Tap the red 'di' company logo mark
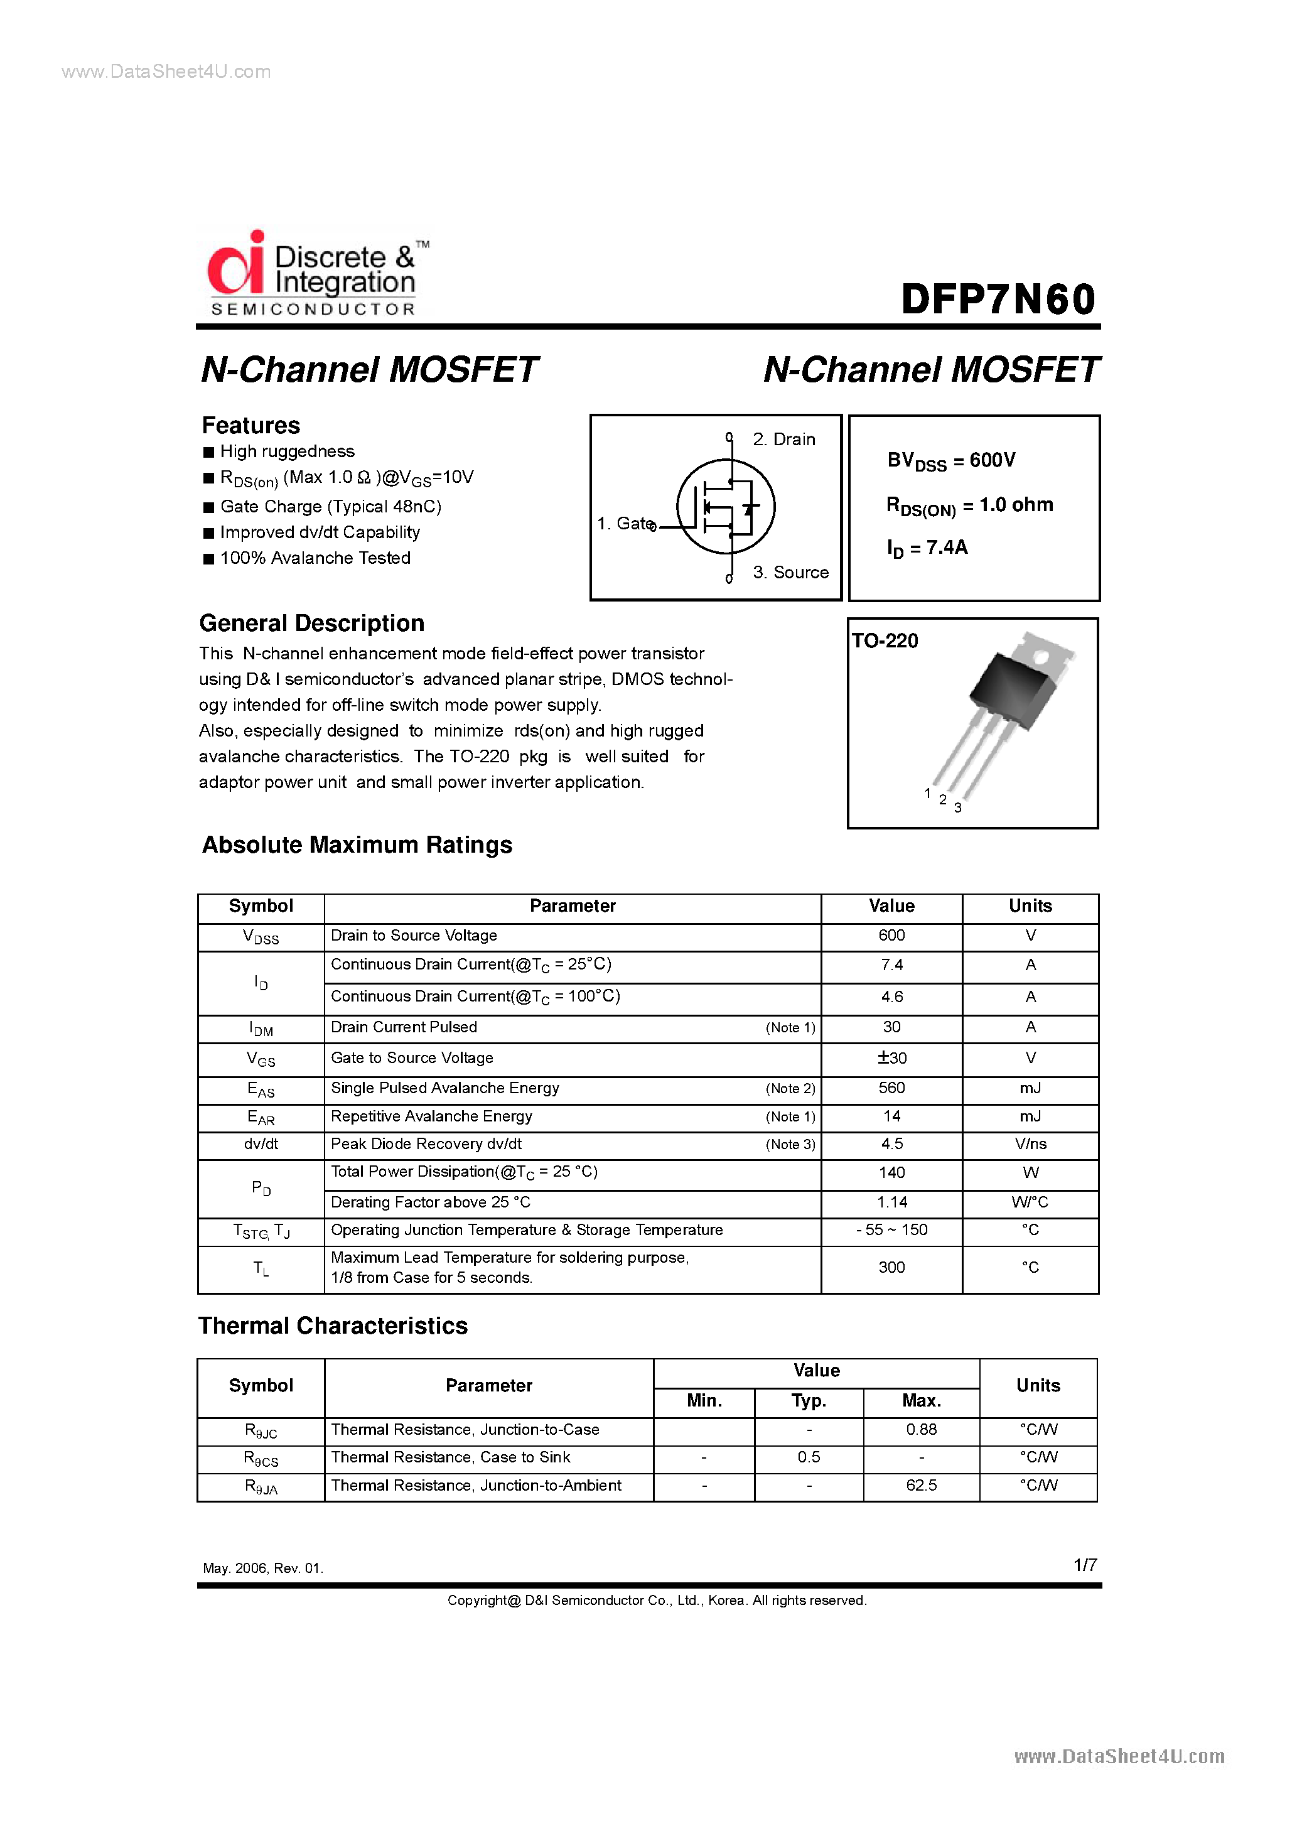point(235,265)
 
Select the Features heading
point(250,424)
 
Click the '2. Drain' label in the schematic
point(783,439)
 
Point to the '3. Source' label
point(789,573)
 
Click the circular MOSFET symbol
point(725,506)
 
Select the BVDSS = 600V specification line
point(950,461)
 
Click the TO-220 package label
point(885,640)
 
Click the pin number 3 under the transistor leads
point(957,807)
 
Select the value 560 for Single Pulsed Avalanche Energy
point(891,1088)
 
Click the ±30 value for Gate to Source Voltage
point(891,1058)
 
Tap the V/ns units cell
point(1030,1143)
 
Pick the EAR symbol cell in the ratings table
point(261,1117)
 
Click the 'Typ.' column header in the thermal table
point(809,1400)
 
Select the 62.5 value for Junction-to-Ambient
point(921,1485)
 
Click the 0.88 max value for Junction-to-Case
point(921,1429)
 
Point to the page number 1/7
point(1084,1565)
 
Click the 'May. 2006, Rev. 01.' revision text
point(263,1568)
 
